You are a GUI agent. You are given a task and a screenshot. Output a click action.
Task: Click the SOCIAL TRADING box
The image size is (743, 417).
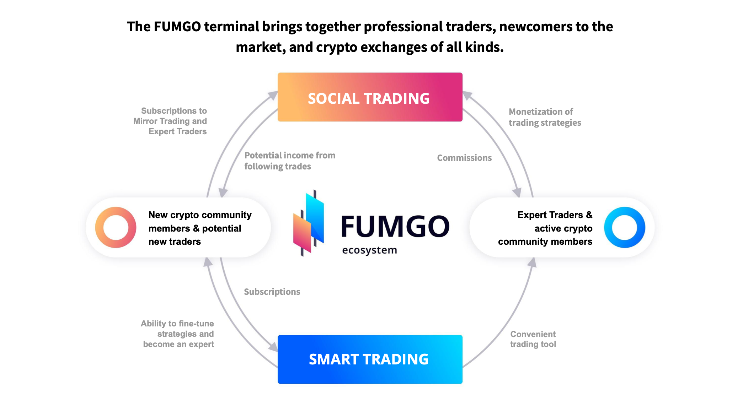tap(370, 97)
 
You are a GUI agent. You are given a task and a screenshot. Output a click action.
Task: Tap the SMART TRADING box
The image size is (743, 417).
tap(370, 359)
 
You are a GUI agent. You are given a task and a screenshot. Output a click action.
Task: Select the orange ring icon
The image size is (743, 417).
tap(116, 227)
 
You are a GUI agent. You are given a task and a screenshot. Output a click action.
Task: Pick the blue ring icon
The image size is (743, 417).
tap(624, 227)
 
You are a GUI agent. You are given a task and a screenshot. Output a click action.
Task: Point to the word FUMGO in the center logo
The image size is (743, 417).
tap(395, 226)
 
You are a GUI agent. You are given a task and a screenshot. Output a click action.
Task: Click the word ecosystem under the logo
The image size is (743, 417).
tap(369, 250)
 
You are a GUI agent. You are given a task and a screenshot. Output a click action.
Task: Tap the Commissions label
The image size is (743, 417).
tap(464, 158)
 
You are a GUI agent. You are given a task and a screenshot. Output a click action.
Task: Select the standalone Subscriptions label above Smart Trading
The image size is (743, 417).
tap(272, 292)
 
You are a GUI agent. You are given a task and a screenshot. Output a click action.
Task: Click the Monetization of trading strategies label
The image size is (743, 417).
tap(545, 117)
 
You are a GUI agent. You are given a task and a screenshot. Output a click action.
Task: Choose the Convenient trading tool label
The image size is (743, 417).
tap(533, 339)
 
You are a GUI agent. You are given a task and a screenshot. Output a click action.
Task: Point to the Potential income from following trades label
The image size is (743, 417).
tap(290, 161)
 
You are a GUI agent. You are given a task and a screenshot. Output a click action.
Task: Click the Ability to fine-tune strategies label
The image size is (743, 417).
tap(178, 334)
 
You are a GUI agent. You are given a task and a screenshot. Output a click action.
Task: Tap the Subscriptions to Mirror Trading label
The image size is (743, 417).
tap(170, 121)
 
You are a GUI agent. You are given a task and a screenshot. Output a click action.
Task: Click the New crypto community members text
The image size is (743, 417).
tap(200, 228)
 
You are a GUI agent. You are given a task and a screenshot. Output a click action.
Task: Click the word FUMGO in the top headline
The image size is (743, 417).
tap(177, 27)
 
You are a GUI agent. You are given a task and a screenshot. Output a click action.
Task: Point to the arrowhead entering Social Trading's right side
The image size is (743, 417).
tap(467, 95)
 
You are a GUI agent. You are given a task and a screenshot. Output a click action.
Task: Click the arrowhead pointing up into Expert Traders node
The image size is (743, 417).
tap(532, 262)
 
